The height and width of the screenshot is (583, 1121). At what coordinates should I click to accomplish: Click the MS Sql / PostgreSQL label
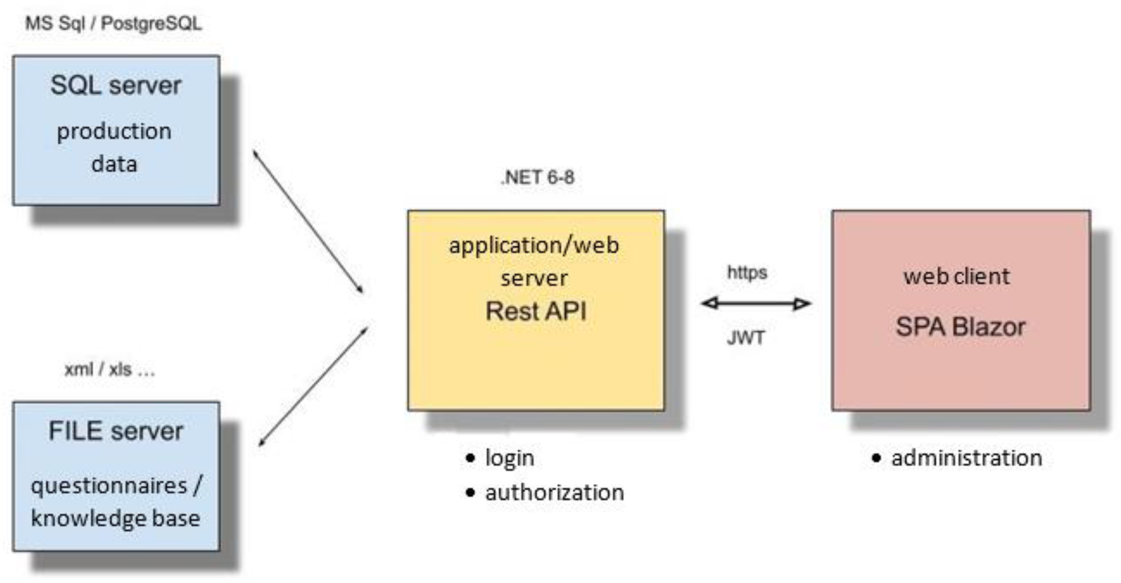click(x=114, y=23)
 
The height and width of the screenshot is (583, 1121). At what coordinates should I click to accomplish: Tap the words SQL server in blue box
click(x=116, y=85)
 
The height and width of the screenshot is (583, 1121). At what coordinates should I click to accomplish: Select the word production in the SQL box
click(x=114, y=131)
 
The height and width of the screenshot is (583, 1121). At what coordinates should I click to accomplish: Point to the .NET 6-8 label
click(x=537, y=178)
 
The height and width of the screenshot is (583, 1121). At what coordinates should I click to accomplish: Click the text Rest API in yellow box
click(x=536, y=311)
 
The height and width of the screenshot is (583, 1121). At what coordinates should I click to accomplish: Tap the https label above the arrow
click(x=747, y=272)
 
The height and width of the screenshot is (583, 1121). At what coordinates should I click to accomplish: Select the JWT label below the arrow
click(x=745, y=338)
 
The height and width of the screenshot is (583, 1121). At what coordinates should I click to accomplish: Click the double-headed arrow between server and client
click(x=756, y=304)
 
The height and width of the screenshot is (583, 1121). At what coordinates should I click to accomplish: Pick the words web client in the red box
click(x=957, y=277)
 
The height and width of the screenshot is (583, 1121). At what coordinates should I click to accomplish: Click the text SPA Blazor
click(x=960, y=327)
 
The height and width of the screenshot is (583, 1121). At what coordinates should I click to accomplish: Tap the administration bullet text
click(x=966, y=458)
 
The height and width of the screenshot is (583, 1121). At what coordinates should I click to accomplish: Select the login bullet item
click(x=509, y=458)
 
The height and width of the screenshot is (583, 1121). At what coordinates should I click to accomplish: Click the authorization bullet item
click(x=554, y=493)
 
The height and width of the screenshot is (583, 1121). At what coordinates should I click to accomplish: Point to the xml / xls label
click(x=109, y=370)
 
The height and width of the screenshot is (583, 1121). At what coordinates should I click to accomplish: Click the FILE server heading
click(x=116, y=431)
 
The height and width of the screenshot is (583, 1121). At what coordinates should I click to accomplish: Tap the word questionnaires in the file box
click(x=108, y=486)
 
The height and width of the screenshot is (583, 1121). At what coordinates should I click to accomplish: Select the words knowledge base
click(x=116, y=519)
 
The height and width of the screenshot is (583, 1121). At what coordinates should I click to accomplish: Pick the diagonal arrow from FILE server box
click(x=313, y=387)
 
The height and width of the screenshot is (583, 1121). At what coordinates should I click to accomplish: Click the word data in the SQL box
click(x=114, y=164)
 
